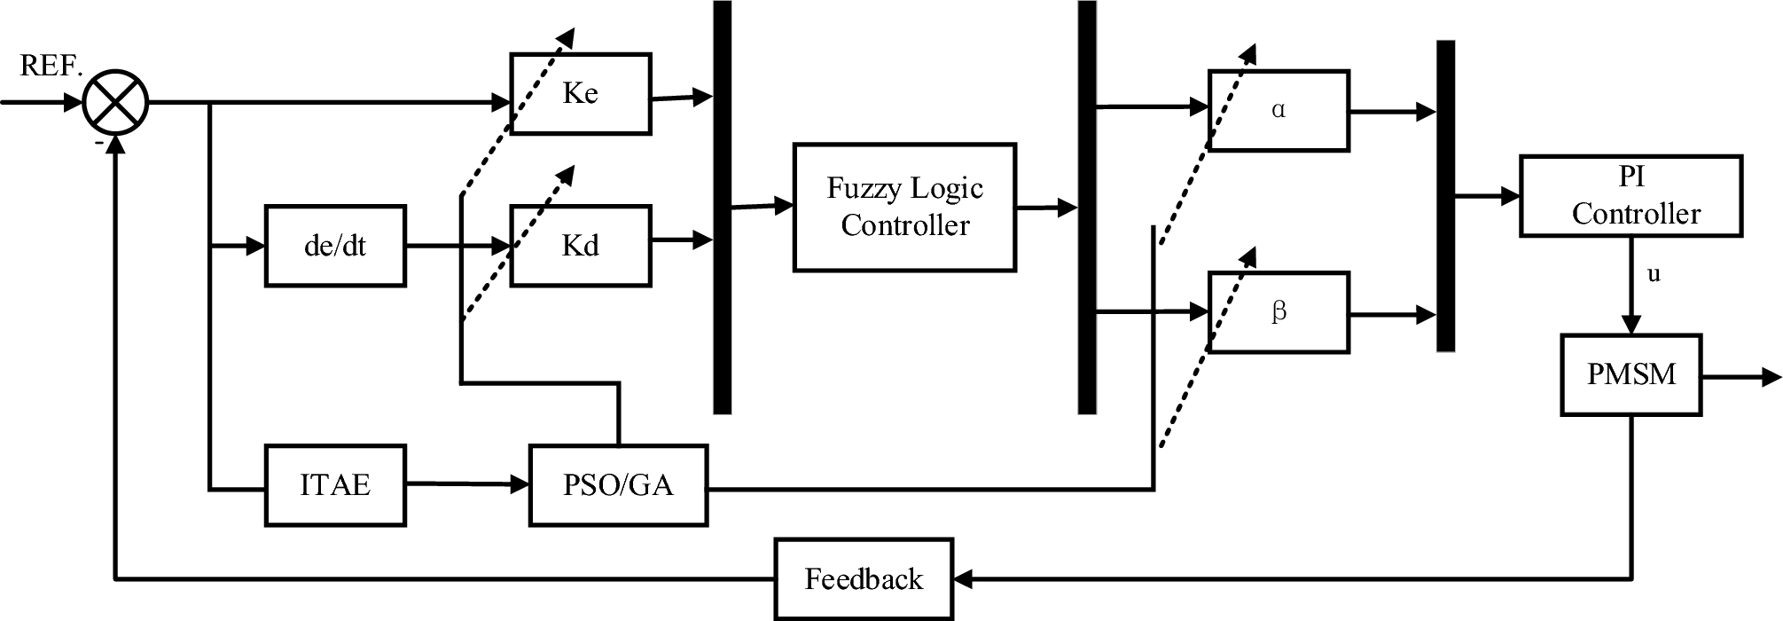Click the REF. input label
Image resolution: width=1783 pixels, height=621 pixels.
(x=51, y=67)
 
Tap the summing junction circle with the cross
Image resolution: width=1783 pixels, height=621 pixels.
(x=116, y=103)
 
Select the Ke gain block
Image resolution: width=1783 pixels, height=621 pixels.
(x=581, y=93)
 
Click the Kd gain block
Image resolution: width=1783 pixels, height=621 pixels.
(x=581, y=246)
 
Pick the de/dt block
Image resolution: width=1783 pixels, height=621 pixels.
(x=335, y=246)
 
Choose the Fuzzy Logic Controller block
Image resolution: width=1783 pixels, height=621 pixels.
(x=904, y=207)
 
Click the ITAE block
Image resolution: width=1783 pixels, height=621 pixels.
(x=335, y=485)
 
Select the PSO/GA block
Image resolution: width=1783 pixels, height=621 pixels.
(x=618, y=485)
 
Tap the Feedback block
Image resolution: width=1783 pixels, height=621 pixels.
(x=864, y=579)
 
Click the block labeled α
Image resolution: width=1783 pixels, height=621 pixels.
(x=1279, y=111)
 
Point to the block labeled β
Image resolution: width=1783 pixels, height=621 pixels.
(x=1279, y=312)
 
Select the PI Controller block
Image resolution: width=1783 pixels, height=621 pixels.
(x=1631, y=196)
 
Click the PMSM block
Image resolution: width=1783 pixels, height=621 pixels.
(x=1631, y=373)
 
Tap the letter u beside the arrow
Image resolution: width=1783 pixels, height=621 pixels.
(x=1654, y=274)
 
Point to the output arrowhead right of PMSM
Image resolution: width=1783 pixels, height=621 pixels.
(x=1771, y=377)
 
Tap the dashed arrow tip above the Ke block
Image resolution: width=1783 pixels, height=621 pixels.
(x=568, y=35)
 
